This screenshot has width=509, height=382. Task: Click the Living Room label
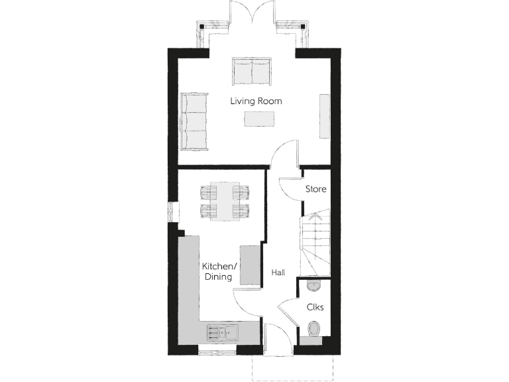click(256, 101)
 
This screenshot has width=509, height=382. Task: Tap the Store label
click(315, 189)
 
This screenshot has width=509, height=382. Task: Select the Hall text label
click(278, 272)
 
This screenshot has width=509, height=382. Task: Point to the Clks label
click(315, 308)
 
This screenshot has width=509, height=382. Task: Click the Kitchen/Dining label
click(219, 271)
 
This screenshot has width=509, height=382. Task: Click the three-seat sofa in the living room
click(194, 121)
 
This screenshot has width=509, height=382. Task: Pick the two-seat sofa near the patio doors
click(251, 72)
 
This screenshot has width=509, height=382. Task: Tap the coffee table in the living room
click(259, 119)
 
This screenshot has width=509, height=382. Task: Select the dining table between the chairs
click(225, 201)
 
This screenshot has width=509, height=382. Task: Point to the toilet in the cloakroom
click(314, 328)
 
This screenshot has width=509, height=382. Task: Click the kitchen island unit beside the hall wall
click(250, 265)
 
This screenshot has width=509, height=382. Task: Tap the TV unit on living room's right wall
click(325, 116)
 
